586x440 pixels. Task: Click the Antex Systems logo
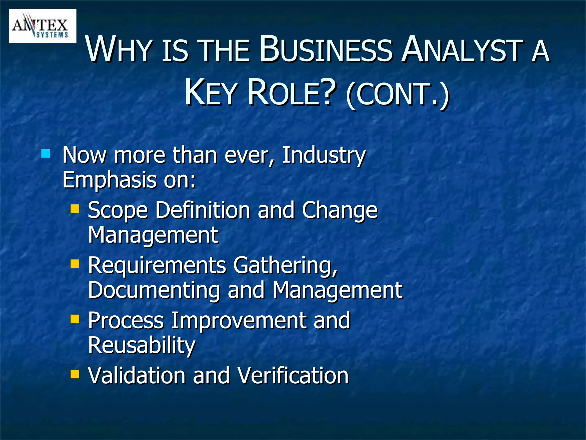coord(43,26)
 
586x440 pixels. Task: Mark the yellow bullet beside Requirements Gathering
coord(75,263)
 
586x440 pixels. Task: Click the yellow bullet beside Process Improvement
coord(75,319)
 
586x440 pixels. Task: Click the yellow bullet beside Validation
coord(75,374)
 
